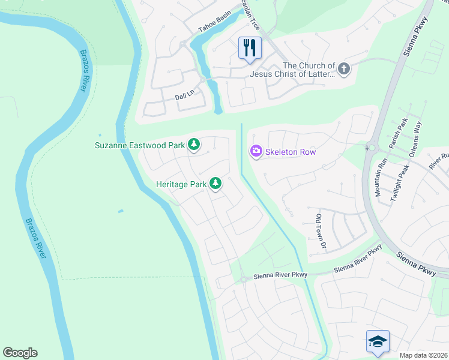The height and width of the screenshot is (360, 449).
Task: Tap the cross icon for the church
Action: [x=344, y=69]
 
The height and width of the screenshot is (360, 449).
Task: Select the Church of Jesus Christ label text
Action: [x=309, y=70]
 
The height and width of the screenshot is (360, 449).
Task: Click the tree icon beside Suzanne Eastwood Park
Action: [x=193, y=145]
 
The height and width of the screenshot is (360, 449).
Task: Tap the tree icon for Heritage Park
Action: [x=215, y=184]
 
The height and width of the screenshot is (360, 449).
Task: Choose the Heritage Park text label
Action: [x=181, y=185]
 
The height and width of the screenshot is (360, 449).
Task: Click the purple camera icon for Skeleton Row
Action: [x=256, y=152]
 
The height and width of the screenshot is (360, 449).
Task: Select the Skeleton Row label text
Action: [x=291, y=152]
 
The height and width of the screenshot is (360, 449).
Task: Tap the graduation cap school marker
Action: [x=378, y=341]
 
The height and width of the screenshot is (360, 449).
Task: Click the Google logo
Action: [x=20, y=353]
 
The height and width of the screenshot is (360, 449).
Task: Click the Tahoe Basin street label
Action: [x=214, y=25]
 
